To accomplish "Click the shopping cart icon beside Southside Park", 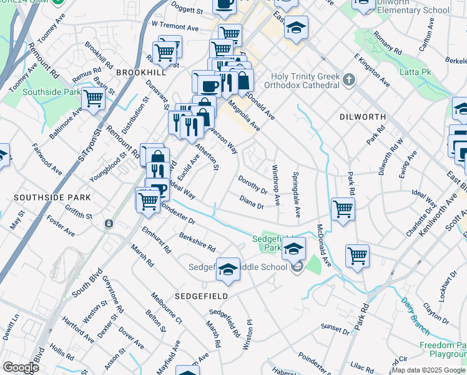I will [93, 97].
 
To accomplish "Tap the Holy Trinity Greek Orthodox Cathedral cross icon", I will [349, 79].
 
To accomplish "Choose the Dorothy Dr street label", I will [252, 184].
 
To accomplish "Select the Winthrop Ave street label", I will [276, 186].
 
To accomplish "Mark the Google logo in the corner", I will [20, 367].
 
